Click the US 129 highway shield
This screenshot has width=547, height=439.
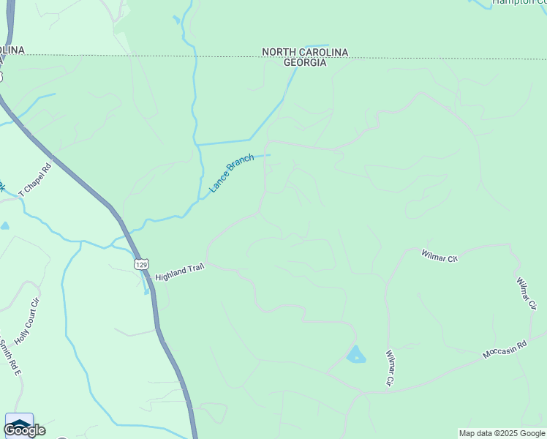140,263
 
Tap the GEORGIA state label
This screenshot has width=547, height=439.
305,63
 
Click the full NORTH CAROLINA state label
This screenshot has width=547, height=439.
305,52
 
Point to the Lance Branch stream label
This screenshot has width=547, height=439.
231,173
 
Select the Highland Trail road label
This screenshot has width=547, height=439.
178,274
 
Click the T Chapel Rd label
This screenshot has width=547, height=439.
36,179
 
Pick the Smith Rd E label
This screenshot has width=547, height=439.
11,358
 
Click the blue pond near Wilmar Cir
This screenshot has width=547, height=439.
356,355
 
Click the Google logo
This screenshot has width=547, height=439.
24,430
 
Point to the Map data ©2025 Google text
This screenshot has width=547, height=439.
502,433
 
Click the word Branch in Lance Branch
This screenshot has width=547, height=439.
241,165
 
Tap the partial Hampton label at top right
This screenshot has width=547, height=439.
519,2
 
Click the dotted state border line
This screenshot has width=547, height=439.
183,55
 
